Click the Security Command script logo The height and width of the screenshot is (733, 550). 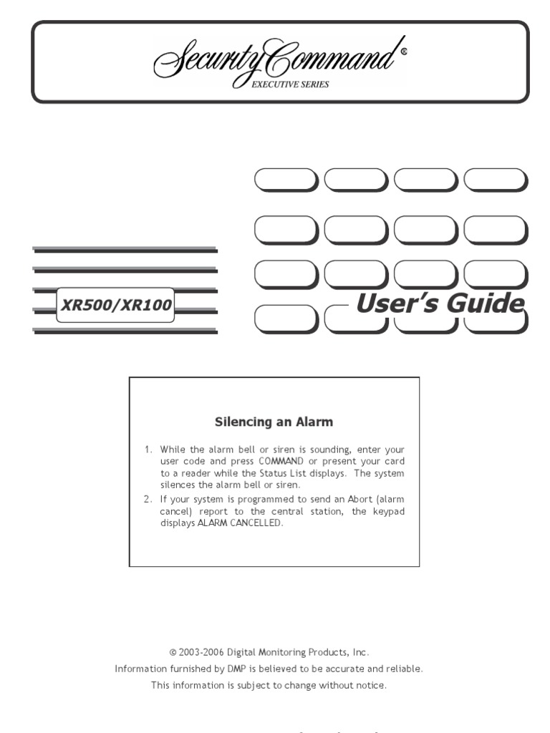[x=276, y=61]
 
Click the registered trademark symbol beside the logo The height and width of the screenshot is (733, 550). [x=404, y=52]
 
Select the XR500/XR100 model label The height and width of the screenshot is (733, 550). [x=116, y=306]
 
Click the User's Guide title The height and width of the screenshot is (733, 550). [x=440, y=304]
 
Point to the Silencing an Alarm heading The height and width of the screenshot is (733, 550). [x=274, y=422]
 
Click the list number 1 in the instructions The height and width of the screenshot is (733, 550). [x=148, y=450]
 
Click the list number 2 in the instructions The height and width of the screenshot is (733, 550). [x=148, y=499]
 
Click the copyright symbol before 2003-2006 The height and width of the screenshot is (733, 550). [x=173, y=653]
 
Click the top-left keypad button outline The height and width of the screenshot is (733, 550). [x=285, y=180]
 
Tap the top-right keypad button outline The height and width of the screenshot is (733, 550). [x=495, y=180]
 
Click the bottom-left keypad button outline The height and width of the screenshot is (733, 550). [x=285, y=320]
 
